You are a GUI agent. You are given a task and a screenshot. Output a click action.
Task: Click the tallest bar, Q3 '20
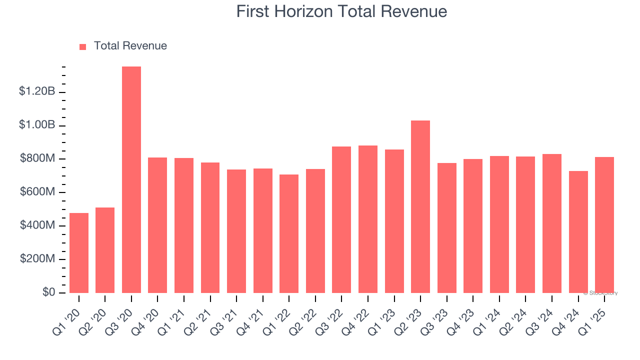click(131, 179)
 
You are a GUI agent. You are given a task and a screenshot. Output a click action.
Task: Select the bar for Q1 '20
click(79, 253)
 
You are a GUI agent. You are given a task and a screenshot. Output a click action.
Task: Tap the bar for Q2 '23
click(420, 206)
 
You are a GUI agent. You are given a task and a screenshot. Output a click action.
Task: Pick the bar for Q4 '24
click(578, 232)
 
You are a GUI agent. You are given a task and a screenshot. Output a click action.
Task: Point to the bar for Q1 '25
click(604, 225)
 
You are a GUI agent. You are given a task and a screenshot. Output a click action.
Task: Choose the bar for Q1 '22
click(289, 233)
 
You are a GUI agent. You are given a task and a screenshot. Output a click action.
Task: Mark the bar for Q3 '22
click(341, 219)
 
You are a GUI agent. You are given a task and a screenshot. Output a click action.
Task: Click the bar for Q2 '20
click(105, 250)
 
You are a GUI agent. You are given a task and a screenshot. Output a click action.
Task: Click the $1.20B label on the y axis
click(36, 91)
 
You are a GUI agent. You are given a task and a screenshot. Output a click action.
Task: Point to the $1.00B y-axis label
click(36, 125)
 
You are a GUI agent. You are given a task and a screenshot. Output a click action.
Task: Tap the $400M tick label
click(37, 225)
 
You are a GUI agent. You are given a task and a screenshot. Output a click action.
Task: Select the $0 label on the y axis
click(48, 292)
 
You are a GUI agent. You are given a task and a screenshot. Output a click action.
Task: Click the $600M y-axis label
click(37, 192)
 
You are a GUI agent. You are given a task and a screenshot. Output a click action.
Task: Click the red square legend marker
click(83, 46)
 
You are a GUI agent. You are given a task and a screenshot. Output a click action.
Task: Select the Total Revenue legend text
click(130, 46)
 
